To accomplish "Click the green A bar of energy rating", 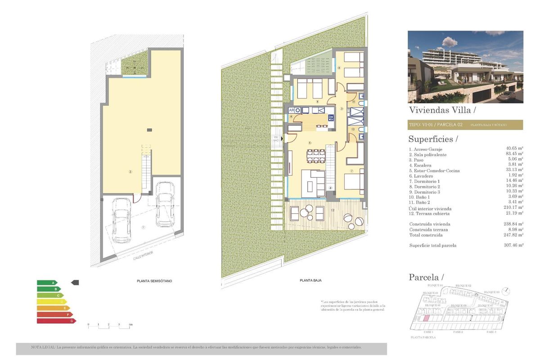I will coord(47,283).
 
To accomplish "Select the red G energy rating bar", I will coord(56,321).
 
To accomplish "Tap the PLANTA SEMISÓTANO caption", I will coord(154,281).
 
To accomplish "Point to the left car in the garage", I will coord(121,220).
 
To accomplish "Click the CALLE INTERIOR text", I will coord(143,255).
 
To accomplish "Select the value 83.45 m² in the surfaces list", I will coord(514,155).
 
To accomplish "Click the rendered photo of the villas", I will coord(465,67).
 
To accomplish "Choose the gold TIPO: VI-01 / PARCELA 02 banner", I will coord(465,125).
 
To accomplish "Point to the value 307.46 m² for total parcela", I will coord(514,246).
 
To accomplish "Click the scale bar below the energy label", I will coord(109,325).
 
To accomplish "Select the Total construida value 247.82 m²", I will coord(514,235).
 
